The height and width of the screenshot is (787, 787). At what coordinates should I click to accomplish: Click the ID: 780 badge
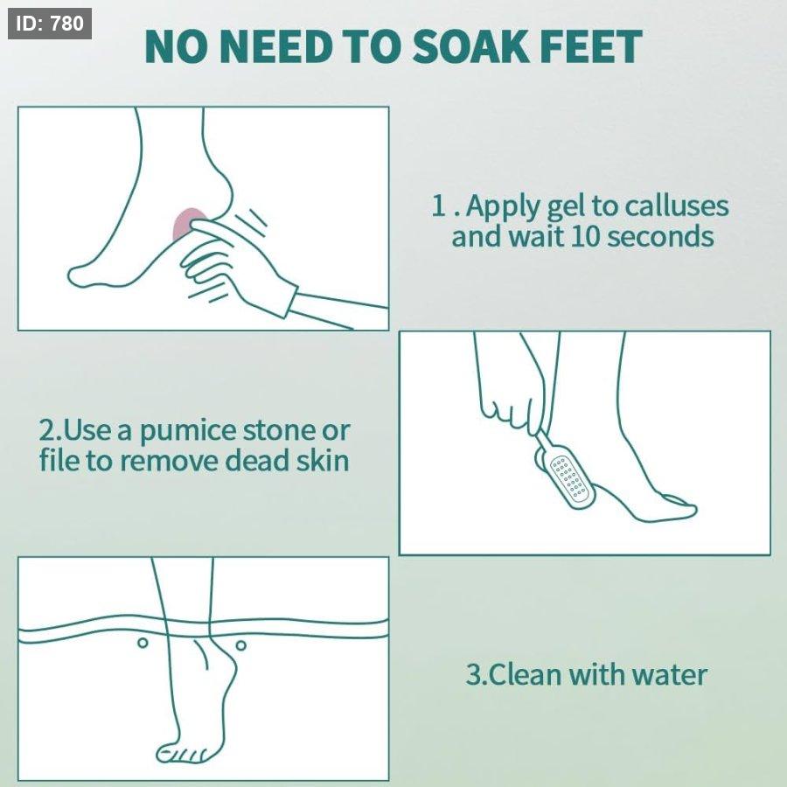[50, 24]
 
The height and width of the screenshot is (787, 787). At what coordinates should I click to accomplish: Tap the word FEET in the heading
[592, 46]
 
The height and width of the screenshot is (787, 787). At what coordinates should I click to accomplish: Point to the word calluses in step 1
[677, 205]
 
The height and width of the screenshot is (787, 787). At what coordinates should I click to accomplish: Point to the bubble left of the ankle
[143, 643]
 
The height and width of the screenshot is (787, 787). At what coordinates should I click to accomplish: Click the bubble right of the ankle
[241, 645]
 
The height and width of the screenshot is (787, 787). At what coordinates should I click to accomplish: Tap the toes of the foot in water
[182, 753]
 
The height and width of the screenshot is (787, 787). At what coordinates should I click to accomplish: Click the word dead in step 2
[257, 460]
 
